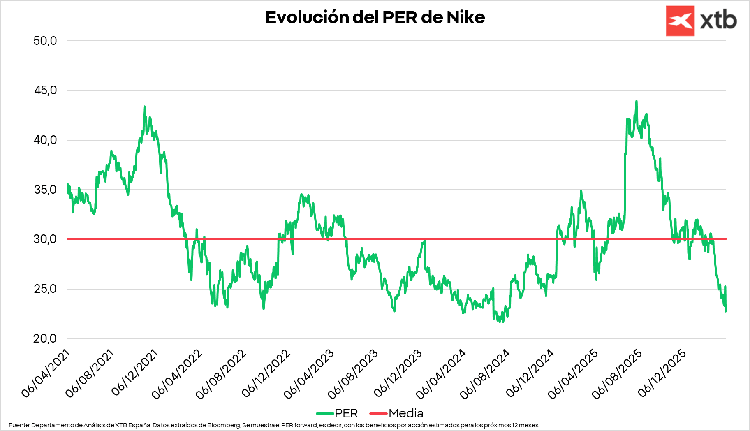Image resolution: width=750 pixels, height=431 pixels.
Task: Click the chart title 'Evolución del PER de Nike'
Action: [x=375, y=17]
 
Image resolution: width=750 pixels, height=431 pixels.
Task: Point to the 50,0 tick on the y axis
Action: [x=45, y=41]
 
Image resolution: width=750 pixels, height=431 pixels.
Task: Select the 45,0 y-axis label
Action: [x=45, y=90]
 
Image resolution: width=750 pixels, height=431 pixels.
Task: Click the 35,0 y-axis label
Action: [x=45, y=190]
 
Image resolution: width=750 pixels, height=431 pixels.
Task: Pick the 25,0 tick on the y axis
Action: [x=45, y=289]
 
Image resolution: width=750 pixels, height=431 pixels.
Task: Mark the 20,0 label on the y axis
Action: [x=45, y=338]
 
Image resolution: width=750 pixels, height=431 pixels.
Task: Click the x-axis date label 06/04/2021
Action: [x=46, y=374]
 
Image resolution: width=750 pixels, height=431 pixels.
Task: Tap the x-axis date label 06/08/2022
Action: [x=221, y=374]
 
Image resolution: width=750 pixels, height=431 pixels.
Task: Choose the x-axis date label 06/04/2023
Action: [x=309, y=374]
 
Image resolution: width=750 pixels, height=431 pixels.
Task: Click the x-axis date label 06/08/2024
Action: [x=485, y=374]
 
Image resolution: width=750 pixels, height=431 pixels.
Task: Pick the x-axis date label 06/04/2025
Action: [x=573, y=374]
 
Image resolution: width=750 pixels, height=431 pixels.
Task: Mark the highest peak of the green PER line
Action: [x=637, y=101]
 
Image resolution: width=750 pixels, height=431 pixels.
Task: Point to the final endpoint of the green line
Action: [x=726, y=311]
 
